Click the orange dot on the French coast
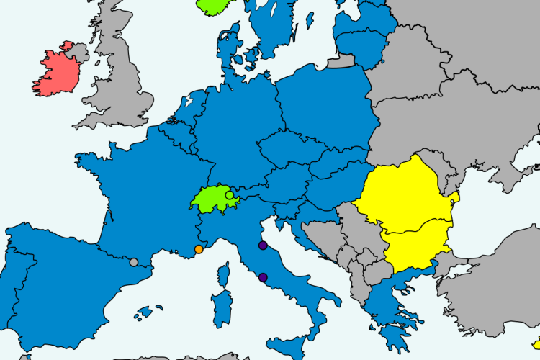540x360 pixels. (199, 250)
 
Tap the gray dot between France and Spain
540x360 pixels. (133, 262)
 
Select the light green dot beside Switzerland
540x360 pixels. (230, 195)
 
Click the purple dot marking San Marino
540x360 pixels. (263, 246)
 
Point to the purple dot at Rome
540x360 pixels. (263, 277)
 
